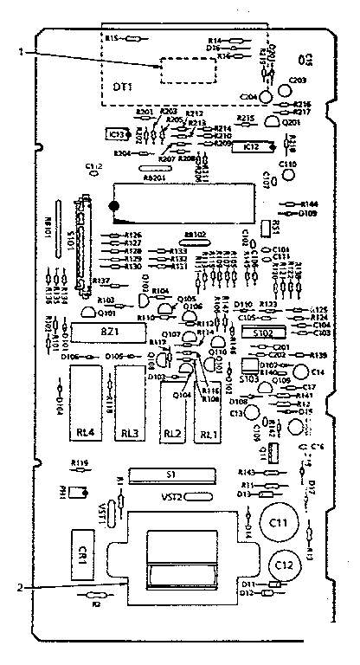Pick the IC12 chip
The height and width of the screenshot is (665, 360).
click(x=251, y=148)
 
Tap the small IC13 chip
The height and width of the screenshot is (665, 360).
click(x=114, y=134)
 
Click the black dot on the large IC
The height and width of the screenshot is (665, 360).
click(x=112, y=205)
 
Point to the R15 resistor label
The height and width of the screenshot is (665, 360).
click(x=112, y=39)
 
